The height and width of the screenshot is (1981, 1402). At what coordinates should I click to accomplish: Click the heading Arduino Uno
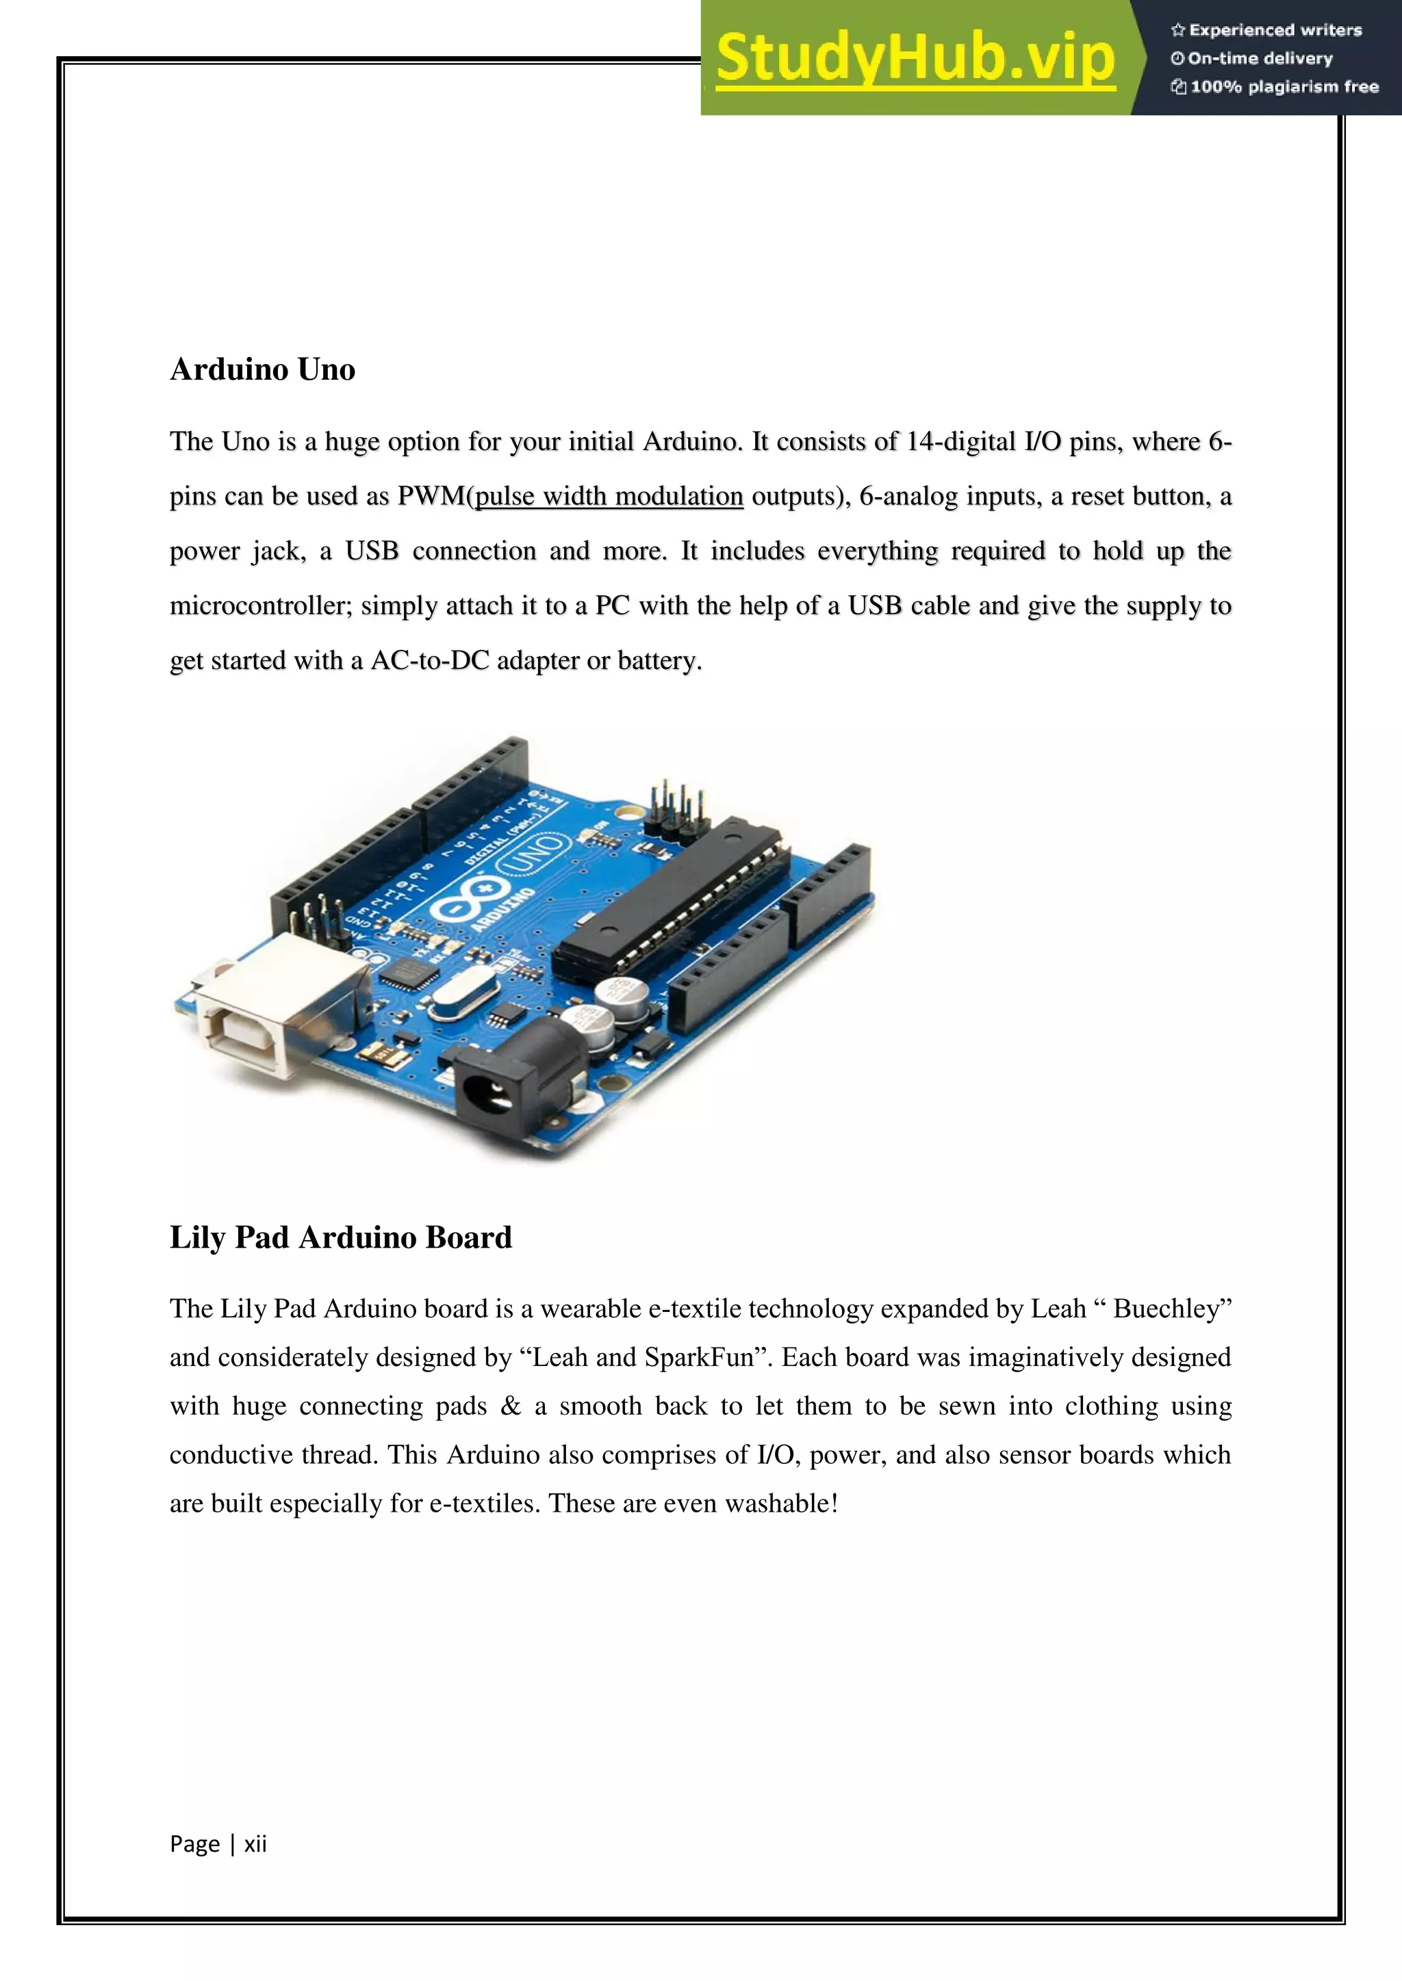tap(262, 369)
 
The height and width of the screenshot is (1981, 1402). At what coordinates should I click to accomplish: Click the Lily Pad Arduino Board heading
tap(340, 1237)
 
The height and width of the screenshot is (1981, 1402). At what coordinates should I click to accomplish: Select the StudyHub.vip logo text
tap(915, 59)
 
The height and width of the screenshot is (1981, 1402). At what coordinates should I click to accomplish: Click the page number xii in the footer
tap(255, 1844)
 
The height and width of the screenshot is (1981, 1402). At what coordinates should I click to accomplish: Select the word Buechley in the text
tap(1171, 1309)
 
